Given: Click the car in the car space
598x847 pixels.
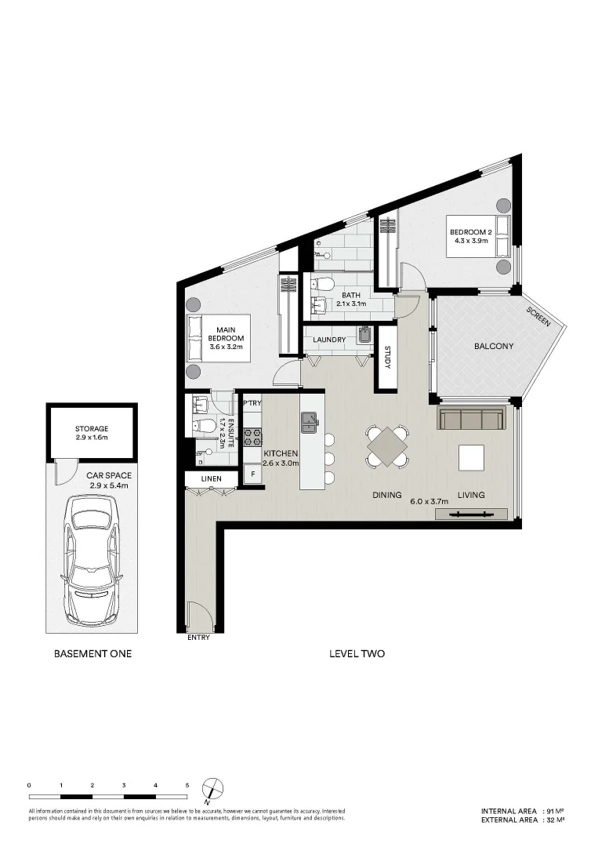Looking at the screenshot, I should coord(92,558).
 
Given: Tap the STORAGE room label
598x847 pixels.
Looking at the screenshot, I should coord(92,429).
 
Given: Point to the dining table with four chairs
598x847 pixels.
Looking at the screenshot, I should coord(388,445).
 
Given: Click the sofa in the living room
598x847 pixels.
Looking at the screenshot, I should coord(471,419).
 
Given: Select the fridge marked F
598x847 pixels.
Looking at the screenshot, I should coord(252,474).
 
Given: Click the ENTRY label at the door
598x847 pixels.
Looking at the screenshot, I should coord(199,638).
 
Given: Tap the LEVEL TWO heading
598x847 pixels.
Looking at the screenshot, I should coord(357,653).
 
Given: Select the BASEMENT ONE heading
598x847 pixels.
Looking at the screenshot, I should coord(92,653).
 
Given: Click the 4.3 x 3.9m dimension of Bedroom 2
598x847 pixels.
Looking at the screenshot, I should coord(470,242).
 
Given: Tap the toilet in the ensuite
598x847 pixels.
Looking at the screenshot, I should coord(205,426).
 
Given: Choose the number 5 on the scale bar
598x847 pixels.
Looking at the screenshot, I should coord(187,784).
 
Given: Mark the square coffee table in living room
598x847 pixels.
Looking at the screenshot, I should coord(472,456).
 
